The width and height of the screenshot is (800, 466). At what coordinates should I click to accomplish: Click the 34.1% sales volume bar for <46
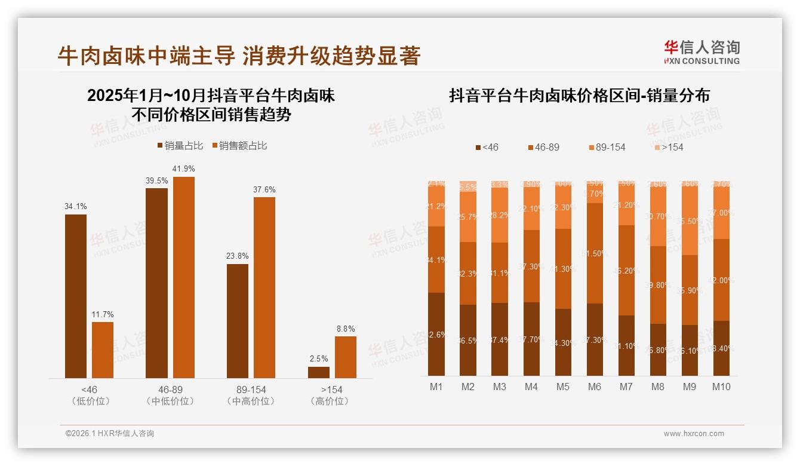click(76, 296)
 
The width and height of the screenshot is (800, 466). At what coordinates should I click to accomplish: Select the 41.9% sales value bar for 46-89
click(183, 277)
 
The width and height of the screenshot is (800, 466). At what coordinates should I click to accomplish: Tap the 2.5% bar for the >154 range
click(319, 372)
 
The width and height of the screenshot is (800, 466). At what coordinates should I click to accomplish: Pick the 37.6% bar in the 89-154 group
click(264, 287)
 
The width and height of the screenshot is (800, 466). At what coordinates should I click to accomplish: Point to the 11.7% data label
click(102, 314)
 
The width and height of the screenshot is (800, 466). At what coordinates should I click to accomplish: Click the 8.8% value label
click(345, 329)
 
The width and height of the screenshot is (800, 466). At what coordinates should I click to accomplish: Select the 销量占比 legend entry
click(180, 146)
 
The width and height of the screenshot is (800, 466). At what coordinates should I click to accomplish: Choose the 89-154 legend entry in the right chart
click(606, 147)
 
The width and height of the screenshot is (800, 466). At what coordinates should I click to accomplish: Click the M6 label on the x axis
click(594, 387)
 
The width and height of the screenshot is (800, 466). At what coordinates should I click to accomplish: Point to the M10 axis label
click(721, 387)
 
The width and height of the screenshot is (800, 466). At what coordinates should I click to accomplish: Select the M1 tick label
click(436, 387)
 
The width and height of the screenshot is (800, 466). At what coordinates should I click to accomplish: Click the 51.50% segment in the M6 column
click(595, 253)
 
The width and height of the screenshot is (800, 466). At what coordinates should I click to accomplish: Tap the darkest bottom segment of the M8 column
click(658, 349)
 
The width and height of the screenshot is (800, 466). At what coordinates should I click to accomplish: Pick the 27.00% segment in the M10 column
click(721, 213)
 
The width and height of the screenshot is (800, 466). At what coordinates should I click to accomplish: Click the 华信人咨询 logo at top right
click(701, 52)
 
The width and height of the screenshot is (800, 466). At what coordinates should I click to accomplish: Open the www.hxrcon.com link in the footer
click(694, 434)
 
